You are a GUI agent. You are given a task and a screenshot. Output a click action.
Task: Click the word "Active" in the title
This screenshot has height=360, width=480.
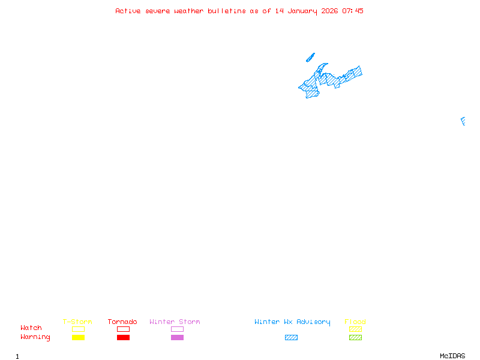(x=128, y=11)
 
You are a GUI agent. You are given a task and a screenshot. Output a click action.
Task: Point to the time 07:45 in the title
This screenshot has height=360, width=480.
(x=353, y=11)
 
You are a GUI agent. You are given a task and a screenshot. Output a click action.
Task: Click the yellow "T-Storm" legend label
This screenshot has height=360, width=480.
(x=77, y=322)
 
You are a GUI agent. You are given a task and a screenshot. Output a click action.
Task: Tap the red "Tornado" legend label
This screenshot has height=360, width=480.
(x=122, y=322)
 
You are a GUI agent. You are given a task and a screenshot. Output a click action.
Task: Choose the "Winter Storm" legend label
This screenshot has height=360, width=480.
(x=175, y=322)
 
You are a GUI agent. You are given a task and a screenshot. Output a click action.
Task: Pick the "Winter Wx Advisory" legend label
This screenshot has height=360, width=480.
(x=292, y=322)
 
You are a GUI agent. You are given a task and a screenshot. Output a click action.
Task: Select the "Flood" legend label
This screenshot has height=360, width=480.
(x=355, y=322)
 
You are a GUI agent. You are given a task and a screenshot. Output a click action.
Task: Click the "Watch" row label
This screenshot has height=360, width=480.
(x=31, y=328)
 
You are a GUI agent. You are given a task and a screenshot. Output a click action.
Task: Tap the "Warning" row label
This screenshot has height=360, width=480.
(x=35, y=337)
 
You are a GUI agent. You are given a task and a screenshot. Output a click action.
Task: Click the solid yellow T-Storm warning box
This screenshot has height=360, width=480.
(x=78, y=337)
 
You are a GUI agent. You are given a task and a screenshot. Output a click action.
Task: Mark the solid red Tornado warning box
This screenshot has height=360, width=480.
(x=123, y=337)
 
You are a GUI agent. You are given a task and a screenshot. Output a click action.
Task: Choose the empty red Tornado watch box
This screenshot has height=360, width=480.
(x=123, y=329)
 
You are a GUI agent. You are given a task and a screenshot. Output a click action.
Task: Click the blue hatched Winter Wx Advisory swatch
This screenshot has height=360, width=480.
(x=291, y=337)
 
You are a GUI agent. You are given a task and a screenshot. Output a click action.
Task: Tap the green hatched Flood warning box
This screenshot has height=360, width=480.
(x=355, y=337)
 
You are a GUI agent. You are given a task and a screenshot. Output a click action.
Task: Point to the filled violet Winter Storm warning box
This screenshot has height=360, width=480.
(x=177, y=337)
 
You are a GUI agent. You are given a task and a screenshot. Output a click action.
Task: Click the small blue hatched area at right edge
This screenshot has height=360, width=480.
(x=463, y=121)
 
